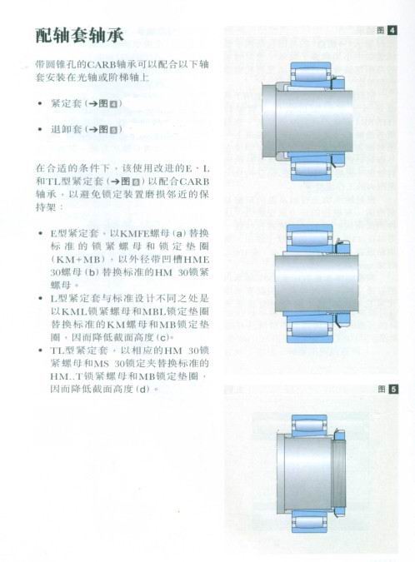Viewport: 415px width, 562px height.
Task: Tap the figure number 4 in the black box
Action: point(392,31)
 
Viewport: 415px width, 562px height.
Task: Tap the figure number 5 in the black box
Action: point(392,389)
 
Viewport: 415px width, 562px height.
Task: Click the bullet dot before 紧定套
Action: point(40,104)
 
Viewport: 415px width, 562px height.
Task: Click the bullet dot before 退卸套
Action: point(40,130)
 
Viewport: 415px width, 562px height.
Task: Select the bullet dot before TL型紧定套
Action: point(40,351)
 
